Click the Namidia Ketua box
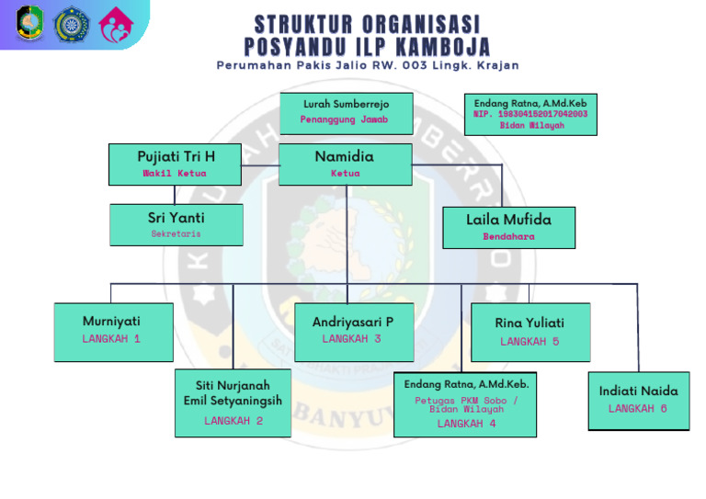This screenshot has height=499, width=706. [346, 164]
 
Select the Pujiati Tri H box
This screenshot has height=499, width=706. [175, 164]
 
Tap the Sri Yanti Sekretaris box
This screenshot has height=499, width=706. [176, 224]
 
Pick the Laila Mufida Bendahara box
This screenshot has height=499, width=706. [508, 227]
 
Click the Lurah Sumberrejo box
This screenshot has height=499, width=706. [346, 112]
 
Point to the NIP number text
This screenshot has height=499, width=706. [530, 114]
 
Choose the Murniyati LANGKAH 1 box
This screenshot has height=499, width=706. [111, 331]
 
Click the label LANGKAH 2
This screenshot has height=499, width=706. [233, 421]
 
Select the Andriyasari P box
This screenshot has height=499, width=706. [353, 331]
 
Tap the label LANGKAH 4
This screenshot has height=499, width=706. [466, 424]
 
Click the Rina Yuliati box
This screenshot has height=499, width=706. [529, 332]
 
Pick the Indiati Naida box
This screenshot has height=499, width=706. [638, 400]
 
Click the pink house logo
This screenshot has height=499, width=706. [116, 24]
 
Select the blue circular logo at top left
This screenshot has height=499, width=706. [71, 24]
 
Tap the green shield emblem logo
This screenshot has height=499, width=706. [30, 24]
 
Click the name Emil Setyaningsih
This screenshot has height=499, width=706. [233, 401]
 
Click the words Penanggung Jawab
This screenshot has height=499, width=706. [345, 119]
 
